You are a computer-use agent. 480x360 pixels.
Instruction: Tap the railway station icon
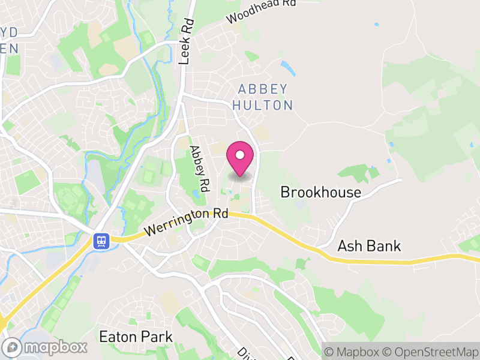[100, 241]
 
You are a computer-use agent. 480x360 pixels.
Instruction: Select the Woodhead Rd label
[262, 11]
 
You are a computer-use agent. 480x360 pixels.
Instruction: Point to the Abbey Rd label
[199, 168]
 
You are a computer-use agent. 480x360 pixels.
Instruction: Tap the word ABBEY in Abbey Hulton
[263, 89]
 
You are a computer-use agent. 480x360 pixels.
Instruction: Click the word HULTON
[263, 106]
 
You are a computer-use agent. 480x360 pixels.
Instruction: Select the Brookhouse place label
[321, 193]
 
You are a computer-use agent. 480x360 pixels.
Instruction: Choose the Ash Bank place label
[369, 246]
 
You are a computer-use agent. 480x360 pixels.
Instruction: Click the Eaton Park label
[136, 337]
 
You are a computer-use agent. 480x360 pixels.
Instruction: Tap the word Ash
[350, 246]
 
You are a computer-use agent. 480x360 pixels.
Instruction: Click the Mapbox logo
[46, 347]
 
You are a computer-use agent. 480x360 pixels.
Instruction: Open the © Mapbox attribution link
[354, 351]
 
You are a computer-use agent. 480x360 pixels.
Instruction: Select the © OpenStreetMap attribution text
[431, 351]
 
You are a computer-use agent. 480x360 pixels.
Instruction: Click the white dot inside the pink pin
[240, 155]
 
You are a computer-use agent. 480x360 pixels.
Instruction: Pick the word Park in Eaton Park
[157, 337]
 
